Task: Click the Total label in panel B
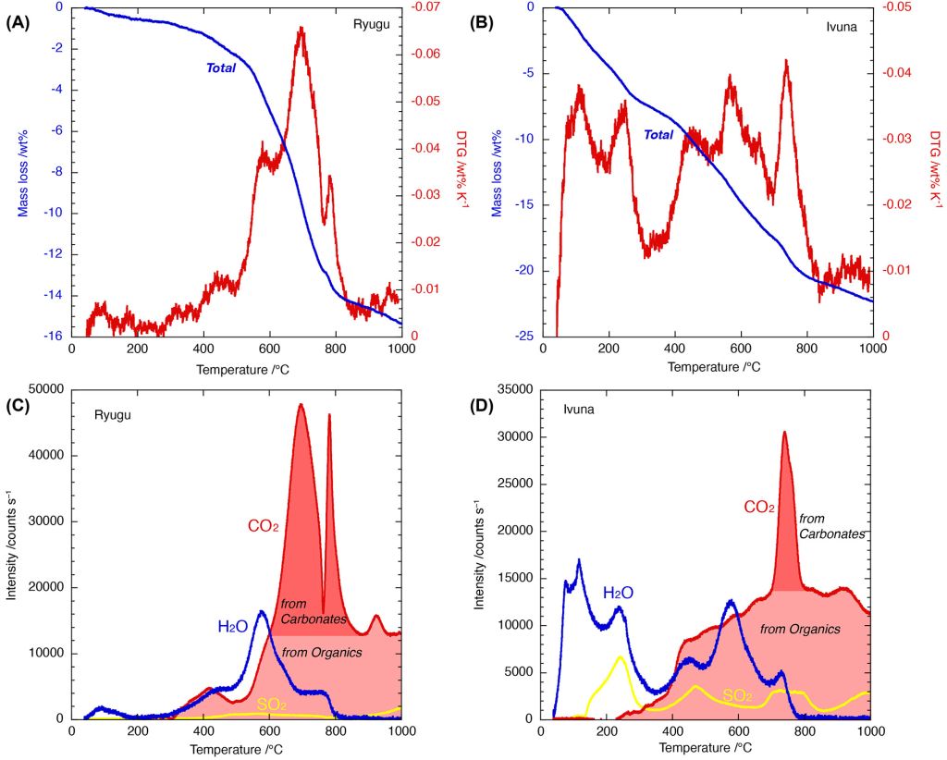point(658,135)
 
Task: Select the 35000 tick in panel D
point(518,389)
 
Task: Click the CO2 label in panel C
point(263,527)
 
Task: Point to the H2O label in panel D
point(618,592)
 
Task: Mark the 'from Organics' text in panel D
point(800,630)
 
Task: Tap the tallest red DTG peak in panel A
point(301,29)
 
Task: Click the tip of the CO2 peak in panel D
point(784,432)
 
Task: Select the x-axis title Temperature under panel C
point(237,747)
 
